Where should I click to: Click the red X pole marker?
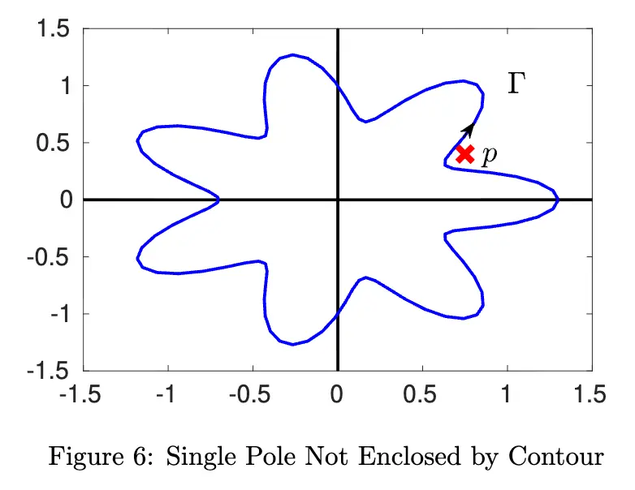[x=464, y=153]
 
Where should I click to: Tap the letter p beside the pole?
[x=488, y=156]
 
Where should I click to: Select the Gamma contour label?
[x=515, y=83]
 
